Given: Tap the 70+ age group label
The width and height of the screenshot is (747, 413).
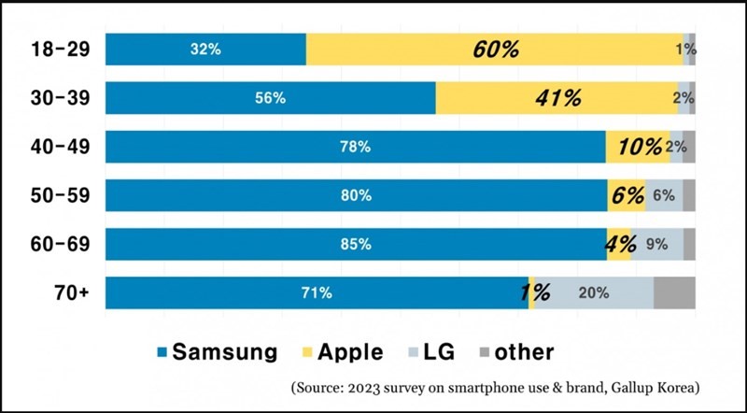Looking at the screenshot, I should tap(71, 292).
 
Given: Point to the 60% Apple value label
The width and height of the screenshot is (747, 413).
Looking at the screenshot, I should tap(495, 49).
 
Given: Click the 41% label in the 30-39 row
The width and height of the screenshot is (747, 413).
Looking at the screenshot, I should tap(558, 98).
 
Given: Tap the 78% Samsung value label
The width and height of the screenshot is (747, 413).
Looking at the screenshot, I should tap(356, 147).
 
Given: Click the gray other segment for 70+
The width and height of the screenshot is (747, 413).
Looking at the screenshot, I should tap(674, 292).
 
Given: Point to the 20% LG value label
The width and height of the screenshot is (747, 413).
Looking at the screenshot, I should tap(594, 292).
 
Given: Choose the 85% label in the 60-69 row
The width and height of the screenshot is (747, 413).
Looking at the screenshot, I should tap(356, 244).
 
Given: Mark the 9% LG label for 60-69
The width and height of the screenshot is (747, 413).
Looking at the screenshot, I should tap(656, 244).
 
